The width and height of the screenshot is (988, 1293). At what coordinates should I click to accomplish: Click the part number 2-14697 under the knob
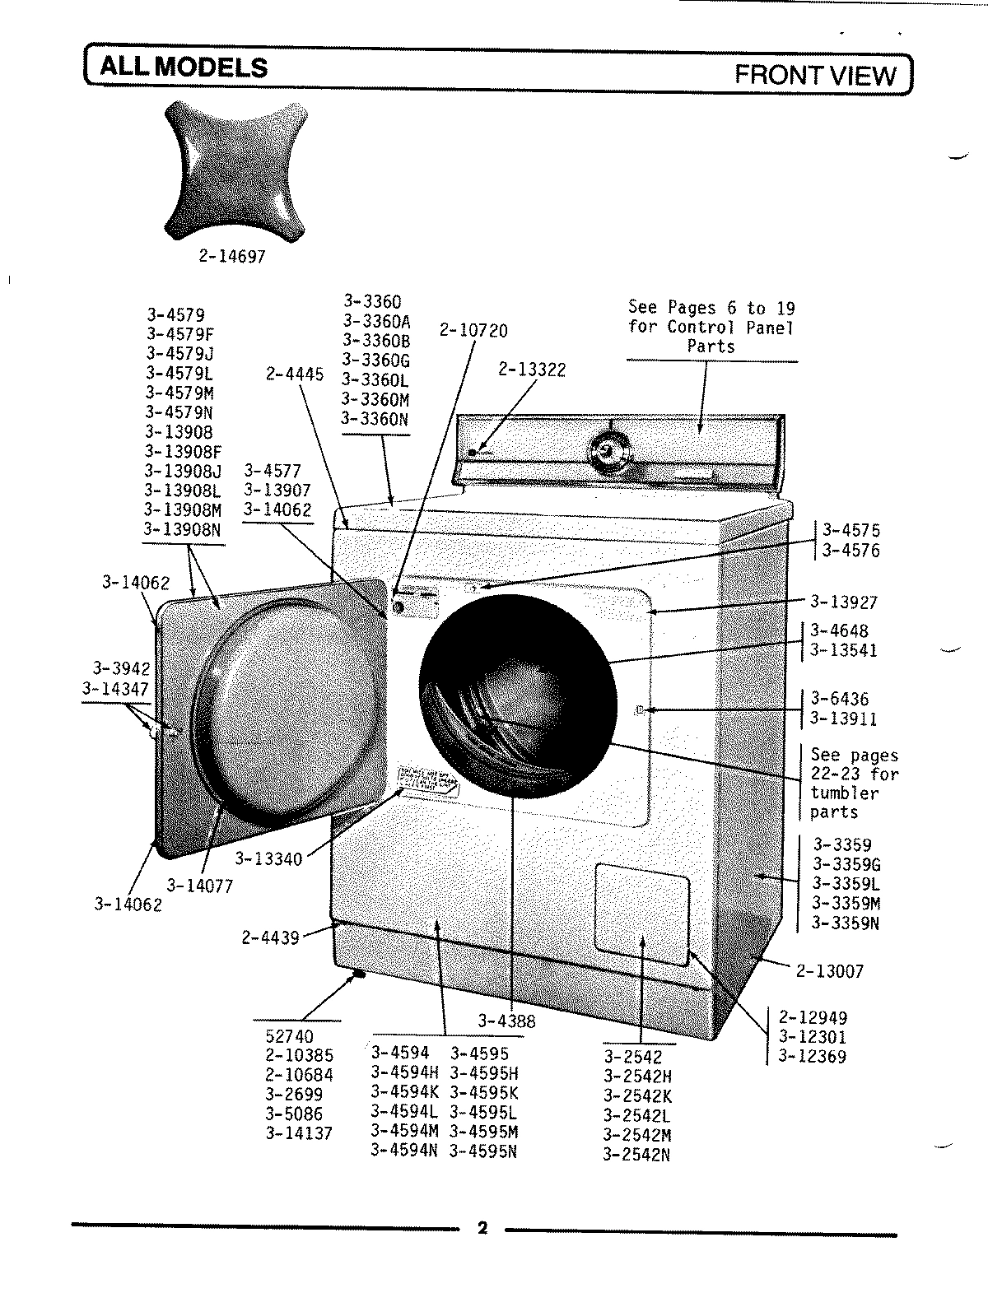(232, 257)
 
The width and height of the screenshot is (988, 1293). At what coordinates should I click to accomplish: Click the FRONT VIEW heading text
(814, 76)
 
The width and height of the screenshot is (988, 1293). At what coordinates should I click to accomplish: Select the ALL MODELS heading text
(184, 67)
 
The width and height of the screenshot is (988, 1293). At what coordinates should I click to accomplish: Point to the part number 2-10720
(473, 331)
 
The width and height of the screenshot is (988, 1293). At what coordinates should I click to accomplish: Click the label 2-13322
(532, 370)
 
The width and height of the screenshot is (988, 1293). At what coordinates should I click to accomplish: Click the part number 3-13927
(843, 602)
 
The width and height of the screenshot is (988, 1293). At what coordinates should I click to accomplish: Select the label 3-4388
(506, 1021)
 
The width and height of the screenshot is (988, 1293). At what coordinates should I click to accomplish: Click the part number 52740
(289, 1036)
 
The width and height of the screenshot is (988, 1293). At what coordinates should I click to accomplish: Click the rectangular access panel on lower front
(642, 913)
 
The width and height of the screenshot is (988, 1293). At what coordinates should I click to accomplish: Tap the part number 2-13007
(830, 971)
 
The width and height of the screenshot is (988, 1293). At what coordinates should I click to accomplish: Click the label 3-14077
(200, 886)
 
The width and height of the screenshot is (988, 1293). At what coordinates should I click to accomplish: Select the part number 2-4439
(270, 937)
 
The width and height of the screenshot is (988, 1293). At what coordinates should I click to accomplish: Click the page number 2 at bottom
(483, 1229)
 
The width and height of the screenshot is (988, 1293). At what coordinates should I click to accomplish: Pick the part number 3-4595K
(484, 1093)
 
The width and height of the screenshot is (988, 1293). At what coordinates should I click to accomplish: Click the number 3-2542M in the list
(637, 1135)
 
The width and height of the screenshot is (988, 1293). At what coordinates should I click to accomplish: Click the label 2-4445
(295, 374)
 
